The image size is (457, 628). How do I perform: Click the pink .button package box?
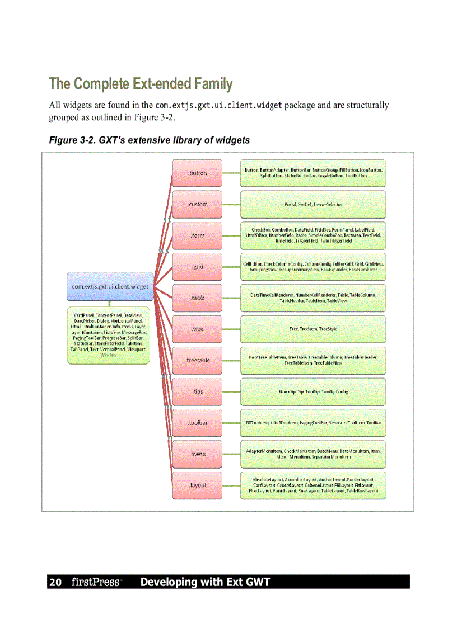[x=197, y=173]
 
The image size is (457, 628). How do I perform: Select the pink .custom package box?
[x=197, y=205]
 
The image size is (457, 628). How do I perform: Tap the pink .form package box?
[x=197, y=235]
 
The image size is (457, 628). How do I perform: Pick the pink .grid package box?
[x=197, y=267]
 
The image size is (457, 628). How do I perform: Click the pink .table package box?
[x=197, y=298]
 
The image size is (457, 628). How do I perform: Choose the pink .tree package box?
[x=197, y=329]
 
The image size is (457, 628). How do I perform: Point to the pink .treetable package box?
[x=197, y=360]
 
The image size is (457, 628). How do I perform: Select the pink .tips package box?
[x=197, y=391]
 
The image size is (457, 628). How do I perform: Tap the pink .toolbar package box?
[x=197, y=423]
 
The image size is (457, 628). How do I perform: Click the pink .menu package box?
[x=197, y=454]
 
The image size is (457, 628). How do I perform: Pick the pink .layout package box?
[x=197, y=485]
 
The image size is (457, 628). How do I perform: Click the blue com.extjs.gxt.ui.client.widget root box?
[x=110, y=286]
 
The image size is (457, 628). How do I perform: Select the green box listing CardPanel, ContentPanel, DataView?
[x=110, y=335]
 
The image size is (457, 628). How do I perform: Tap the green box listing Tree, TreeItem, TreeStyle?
[x=313, y=329]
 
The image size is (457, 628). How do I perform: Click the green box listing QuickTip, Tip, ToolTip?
[x=313, y=391]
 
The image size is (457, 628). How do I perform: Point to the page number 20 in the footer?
[x=55, y=582]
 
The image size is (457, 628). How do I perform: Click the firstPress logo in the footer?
[x=96, y=582]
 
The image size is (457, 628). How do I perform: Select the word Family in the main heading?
[x=213, y=84]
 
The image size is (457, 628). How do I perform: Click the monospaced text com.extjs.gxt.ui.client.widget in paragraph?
[x=218, y=106]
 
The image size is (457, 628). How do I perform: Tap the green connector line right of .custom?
[x=231, y=205]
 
